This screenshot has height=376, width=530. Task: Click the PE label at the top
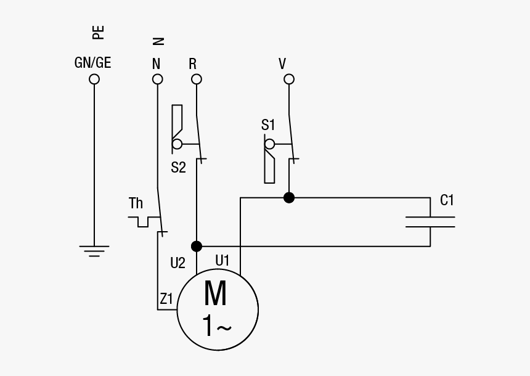coord(98,32)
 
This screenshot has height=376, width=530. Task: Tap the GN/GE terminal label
coord(92,63)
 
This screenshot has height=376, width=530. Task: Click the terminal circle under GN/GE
coord(94,79)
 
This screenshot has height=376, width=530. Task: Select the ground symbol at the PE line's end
coord(94,250)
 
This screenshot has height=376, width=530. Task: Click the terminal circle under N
coord(158,79)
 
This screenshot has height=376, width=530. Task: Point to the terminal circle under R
coord(196,79)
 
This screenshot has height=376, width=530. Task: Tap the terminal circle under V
coord(288,79)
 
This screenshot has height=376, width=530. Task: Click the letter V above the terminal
coord(283,64)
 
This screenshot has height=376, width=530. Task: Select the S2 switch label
coord(178,167)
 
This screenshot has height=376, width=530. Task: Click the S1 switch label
coord(268,125)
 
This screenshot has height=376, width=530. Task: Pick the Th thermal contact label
coord(136,203)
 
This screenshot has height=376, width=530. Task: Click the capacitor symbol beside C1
coord(430,222)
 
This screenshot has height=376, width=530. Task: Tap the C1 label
coord(447,200)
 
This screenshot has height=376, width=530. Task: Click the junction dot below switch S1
coord(288,198)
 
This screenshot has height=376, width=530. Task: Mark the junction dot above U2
coord(196,247)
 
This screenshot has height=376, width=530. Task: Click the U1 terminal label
coord(222,261)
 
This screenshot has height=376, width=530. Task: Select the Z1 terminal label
coord(166,300)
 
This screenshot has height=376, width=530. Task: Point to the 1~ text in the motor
coord(216,326)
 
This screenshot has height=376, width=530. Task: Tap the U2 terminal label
coord(177,263)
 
